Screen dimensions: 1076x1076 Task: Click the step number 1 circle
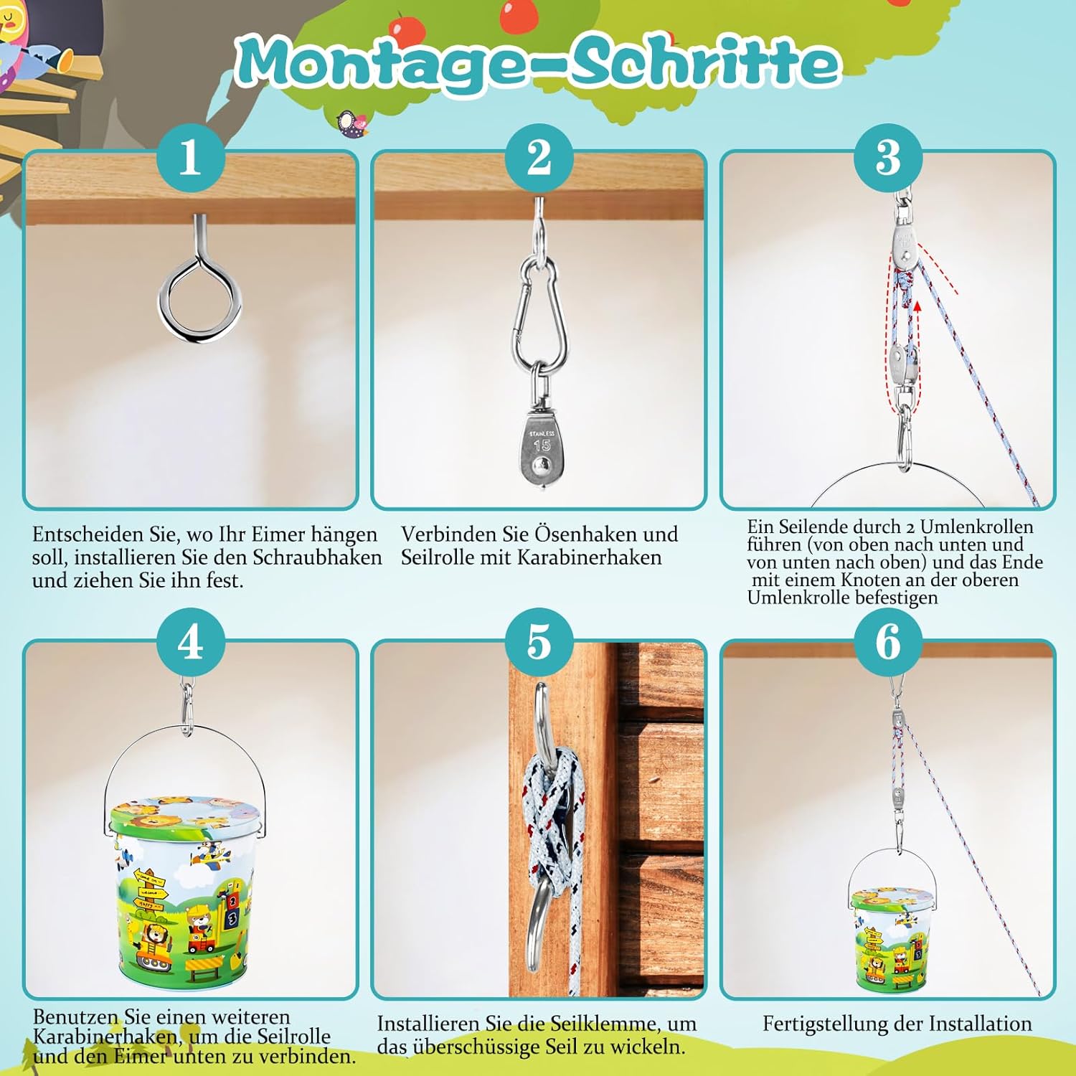[190, 157]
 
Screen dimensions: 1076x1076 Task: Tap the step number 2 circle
[539, 157]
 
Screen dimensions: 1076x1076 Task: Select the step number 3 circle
[888, 157]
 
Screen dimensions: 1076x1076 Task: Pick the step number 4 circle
[190, 641]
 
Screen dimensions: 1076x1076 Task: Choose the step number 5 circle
[539, 641]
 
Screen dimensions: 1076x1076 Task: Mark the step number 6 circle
[888, 641]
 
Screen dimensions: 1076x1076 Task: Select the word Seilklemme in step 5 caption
[596, 1024]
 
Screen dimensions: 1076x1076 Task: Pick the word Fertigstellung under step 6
[829, 1025]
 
